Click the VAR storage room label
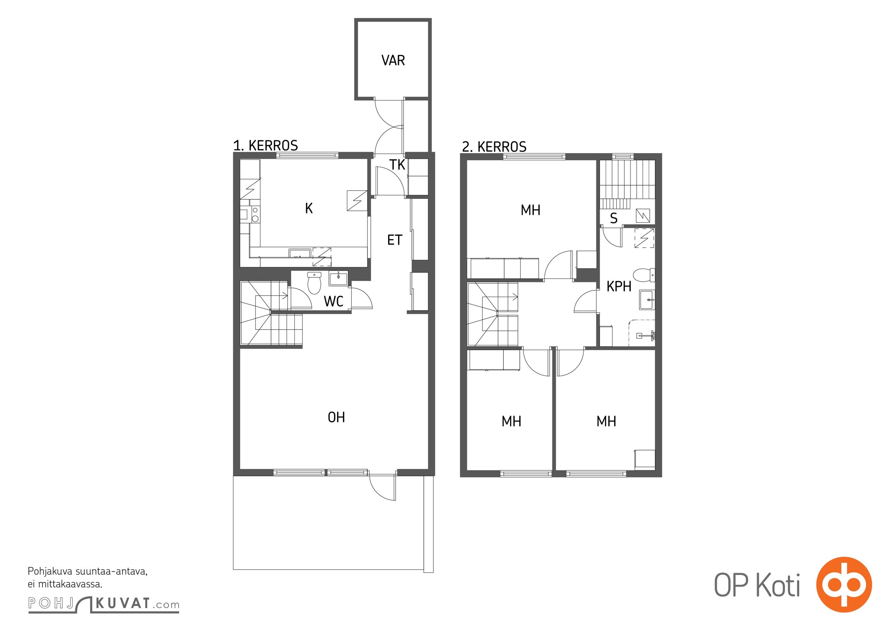tap(393, 61)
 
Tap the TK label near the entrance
tap(397, 165)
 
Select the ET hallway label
tap(394, 240)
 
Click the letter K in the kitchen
tap(309, 208)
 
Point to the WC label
tap(334, 301)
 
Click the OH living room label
tap(336, 417)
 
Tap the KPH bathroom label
tap(619, 286)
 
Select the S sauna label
tap(614, 218)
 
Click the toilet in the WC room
tap(314, 283)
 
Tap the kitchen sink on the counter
tap(300, 253)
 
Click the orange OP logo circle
tap(844, 584)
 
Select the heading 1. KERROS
tap(265, 146)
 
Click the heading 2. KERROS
tap(494, 147)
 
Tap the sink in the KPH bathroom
tap(647, 300)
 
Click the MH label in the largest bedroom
tap(530, 210)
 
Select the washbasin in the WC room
tap(338, 278)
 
